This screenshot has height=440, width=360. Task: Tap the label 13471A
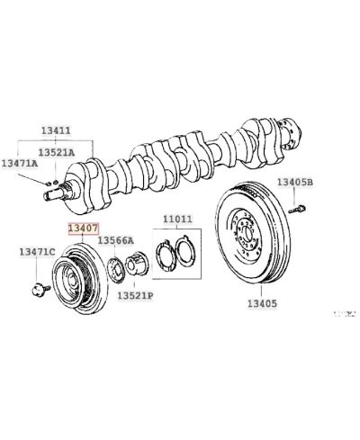point(19,163)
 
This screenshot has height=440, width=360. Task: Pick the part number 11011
point(178,220)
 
